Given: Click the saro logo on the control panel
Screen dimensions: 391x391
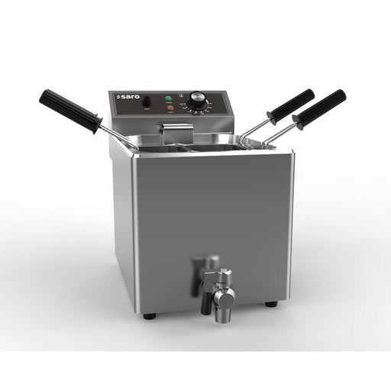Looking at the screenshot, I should pyautogui.click(x=126, y=99).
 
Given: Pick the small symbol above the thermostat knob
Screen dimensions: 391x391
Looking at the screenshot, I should pyautogui.click(x=181, y=95).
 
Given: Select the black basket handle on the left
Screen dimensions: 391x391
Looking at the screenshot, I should pyautogui.click(x=69, y=111).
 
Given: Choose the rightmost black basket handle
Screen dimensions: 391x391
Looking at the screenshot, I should pyautogui.click(x=321, y=109).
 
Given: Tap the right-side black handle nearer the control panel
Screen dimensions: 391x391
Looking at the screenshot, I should pyautogui.click(x=290, y=106).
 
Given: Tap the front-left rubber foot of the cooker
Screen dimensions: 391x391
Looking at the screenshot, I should pyautogui.click(x=149, y=315).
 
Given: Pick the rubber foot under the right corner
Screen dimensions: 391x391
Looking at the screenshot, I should pyautogui.click(x=271, y=305).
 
